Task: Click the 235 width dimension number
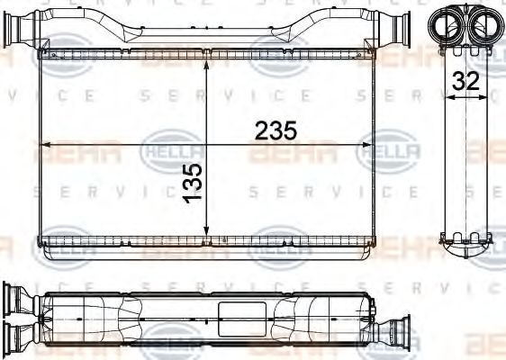coord(276,130)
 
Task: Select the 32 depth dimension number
coord(465,80)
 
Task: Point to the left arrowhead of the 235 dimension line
coord(45,144)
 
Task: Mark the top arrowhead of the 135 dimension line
coord(208,64)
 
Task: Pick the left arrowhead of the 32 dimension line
coord(449,100)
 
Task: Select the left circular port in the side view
coord(447,23)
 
